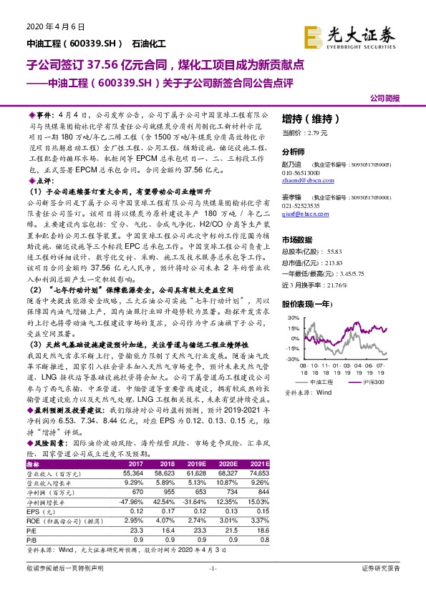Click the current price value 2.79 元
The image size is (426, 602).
pos(316,133)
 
